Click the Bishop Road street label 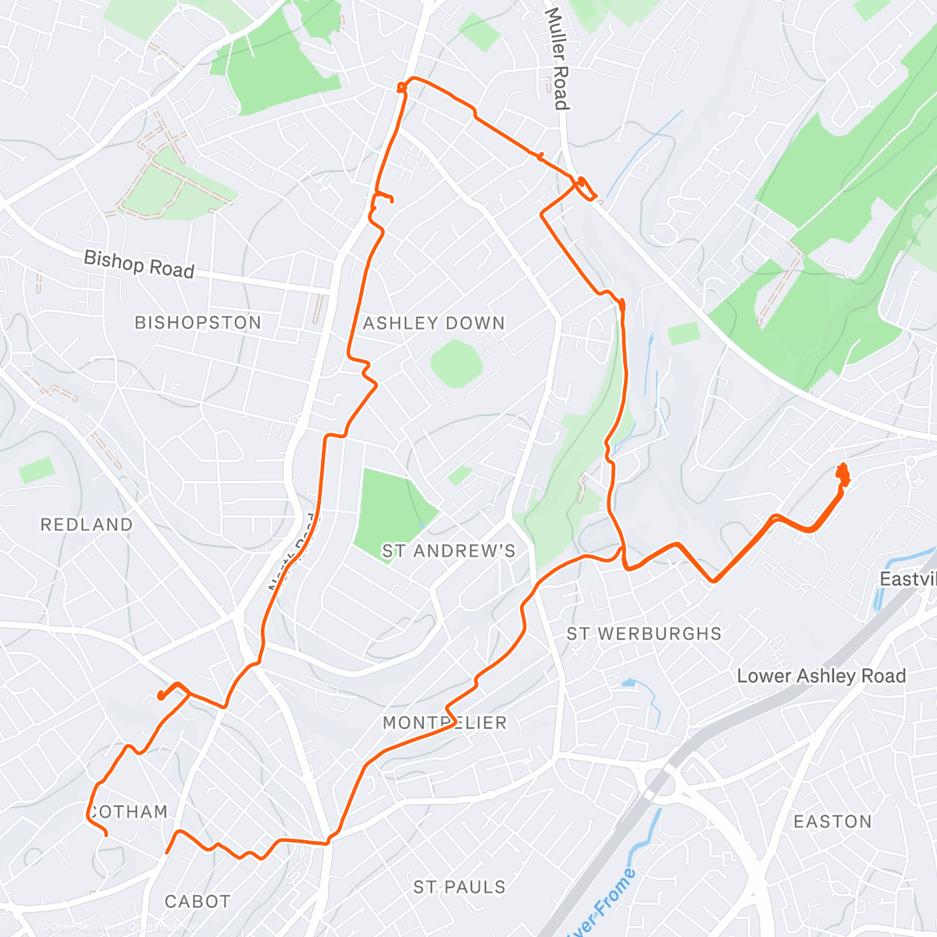(x=138, y=264)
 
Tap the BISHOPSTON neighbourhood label (x=198, y=322)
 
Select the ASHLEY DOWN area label (x=434, y=323)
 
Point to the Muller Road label (x=557, y=59)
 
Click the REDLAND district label (x=87, y=525)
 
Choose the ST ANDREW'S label (x=448, y=551)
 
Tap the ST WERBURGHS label (x=644, y=633)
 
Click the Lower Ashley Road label (x=821, y=676)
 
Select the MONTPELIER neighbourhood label (x=445, y=723)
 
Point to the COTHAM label (x=128, y=812)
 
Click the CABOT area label (x=198, y=902)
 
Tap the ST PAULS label (x=459, y=887)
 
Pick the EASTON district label (x=832, y=821)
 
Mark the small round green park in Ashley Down (x=457, y=363)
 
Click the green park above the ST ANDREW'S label (x=387, y=508)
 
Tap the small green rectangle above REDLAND (x=37, y=470)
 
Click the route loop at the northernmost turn (x=402, y=86)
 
